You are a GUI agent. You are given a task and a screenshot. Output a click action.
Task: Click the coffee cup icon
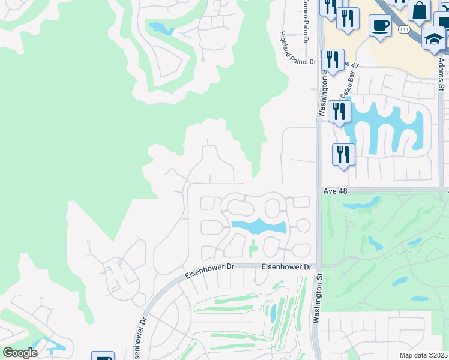(380, 26)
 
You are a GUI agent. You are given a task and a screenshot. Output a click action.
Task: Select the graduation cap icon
(433, 39)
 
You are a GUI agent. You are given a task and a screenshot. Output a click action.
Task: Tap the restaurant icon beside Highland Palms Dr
(332, 60)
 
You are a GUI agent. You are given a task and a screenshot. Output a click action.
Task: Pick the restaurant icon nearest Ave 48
(343, 154)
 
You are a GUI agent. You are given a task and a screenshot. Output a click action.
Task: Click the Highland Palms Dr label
(297, 49)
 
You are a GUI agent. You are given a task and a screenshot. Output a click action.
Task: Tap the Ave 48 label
(336, 190)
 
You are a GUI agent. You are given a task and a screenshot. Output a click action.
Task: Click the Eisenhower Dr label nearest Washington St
(288, 267)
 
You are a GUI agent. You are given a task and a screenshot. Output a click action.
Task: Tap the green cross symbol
(253, 246)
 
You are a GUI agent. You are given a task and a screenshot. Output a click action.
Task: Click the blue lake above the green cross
(258, 227)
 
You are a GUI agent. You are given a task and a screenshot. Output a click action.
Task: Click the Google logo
(19, 352)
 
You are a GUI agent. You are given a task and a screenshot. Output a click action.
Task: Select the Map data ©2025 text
(423, 355)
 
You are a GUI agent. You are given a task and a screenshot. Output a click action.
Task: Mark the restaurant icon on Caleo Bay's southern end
(339, 112)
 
